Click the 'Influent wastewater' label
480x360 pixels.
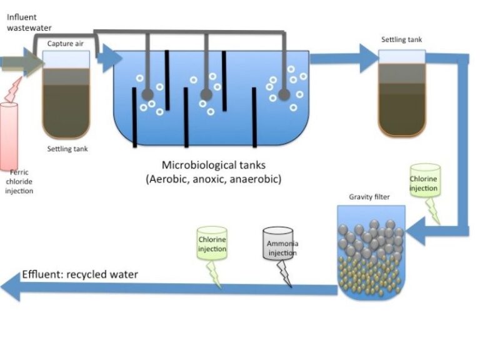(29, 22)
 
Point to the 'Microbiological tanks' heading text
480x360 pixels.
(214, 166)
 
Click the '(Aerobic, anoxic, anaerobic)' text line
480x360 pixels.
(214, 179)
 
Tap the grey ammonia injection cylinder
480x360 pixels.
(278, 244)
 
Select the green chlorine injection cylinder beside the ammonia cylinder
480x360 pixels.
(212, 244)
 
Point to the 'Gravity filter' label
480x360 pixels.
(369, 197)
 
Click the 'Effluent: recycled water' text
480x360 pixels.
(80, 274)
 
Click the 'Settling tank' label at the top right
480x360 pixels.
(401, 40)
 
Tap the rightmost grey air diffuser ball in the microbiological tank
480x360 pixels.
(284, 95)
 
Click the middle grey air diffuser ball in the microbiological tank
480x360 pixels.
(206, 95)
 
